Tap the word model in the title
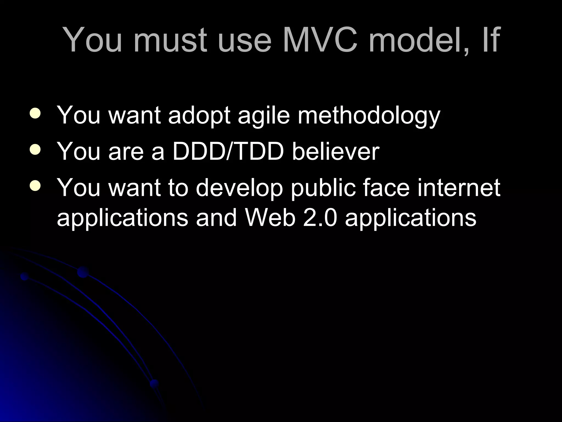tap(416, 40)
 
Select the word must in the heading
tap(170, 40)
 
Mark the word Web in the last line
tap(270, 218)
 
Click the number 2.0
tap(320, 218)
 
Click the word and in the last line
tap(216, 218)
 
